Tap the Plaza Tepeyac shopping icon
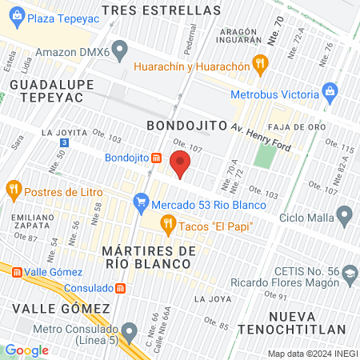[18, 18]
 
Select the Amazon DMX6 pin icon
[120, 50]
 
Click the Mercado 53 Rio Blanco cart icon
[142, 200]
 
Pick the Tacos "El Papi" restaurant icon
[168, 226]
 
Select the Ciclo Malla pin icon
[345, 215]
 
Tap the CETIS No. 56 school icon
[349, 274]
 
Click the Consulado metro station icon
[119, 287]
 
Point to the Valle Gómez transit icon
[6, 272]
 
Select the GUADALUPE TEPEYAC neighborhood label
[47, 90]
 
